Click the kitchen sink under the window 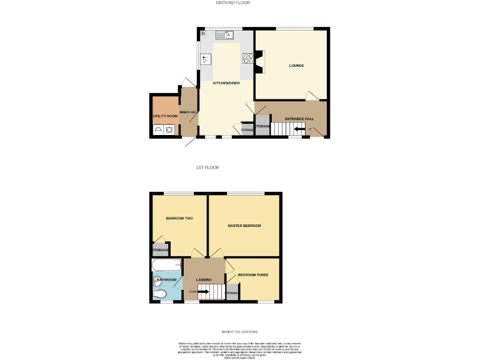pos(226,34)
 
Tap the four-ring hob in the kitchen pos(247,58)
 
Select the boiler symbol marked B pos(202,33)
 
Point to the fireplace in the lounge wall pos(258,61)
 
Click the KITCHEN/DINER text pos(226,83)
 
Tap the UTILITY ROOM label pos(165,116)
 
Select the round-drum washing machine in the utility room pos(169,130)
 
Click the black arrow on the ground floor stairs pos(301,129)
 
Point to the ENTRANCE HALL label pos(299,119)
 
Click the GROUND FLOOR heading pos(232,3)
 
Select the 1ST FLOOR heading pos(207,167)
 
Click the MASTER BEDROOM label pos(244,226)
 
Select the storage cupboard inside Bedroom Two pos(160,250)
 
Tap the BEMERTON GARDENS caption pos(239,332)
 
